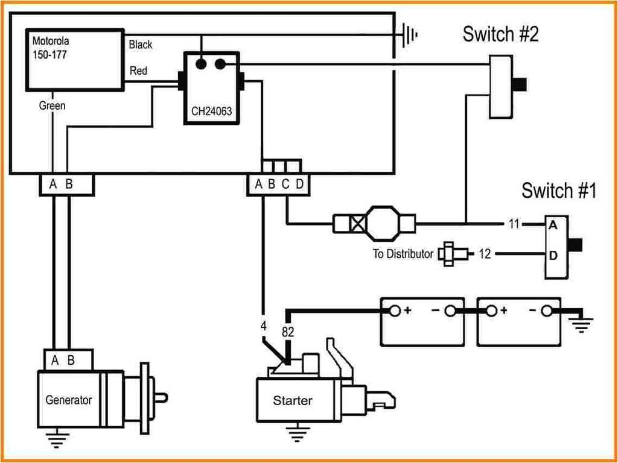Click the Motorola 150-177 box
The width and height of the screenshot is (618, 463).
point(74,59)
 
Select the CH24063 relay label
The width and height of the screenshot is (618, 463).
point(211,111)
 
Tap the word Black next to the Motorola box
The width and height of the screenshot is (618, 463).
point(141,45)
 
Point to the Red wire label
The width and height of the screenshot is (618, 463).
point(138,71)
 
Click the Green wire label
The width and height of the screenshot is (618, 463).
point(52,106)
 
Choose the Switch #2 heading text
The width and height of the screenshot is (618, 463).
point(500,34)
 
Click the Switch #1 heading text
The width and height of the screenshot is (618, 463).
point(558,191)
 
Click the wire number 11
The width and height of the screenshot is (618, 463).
point(514,225)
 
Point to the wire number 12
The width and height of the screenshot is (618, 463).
point(485,254)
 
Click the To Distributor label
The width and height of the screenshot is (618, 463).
point(403,254)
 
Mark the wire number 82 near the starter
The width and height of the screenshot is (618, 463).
point(288,332)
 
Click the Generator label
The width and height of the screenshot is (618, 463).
point(69,400)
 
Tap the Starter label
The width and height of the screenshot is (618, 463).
point(293,400)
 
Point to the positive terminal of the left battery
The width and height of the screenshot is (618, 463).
point(394,311)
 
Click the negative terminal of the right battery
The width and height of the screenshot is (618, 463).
point(547,311)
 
